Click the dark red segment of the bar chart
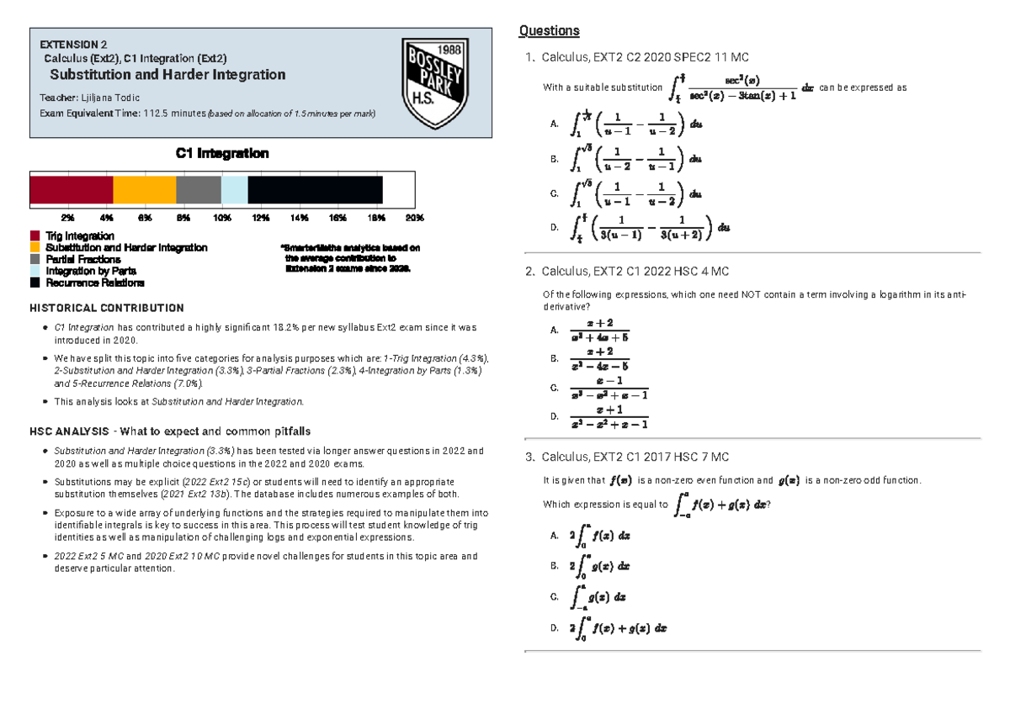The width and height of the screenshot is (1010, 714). pos(72,190)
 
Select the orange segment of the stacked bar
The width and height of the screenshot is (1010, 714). pos(145,190)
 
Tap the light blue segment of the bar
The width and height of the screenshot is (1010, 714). pos(234,190)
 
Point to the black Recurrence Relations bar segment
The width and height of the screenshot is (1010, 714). pos(315,190)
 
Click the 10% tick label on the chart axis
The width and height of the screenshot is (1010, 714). pos(222,218)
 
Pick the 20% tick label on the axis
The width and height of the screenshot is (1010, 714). pos(414,218)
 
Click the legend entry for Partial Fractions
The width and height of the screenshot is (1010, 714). pos(82,260)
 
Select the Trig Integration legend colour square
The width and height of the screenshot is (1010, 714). pos(35,236)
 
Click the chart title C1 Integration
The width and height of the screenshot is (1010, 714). pos(222,154)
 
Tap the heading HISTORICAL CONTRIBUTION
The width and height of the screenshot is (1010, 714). pos(107,309)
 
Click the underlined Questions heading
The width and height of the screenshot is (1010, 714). pos(550,31)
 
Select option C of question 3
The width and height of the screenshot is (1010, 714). pos(598,597)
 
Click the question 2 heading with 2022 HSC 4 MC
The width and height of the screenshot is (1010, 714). pos(635,272)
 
